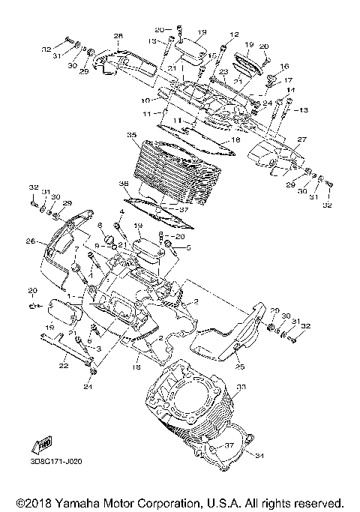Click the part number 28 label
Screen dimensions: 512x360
pyautogui.click(x=118, y=36)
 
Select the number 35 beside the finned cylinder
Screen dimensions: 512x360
pyautogui.click(x=131, y=136)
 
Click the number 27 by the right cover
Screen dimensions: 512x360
pyautogui.click(x=281, y=139)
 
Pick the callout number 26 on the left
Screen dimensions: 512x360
pyautogui.click(x=30, y=241)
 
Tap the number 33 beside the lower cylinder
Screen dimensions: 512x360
pyautogui.click(x=241, y=387)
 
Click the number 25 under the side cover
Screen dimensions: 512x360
pyautogui.click(x=240, y=367)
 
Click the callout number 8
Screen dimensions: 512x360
pyautogui.click(x=100, y=225)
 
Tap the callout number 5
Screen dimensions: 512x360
pyautogui.click(x=188, y=247)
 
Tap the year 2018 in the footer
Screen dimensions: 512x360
pyautogui.click(x=38, y=502)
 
